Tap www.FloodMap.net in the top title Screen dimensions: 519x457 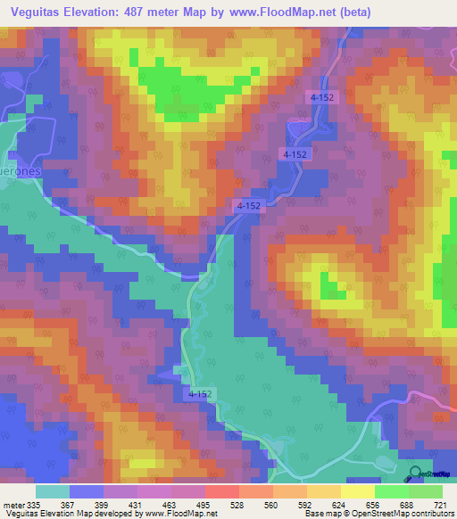pyautogui.click(x=278, y=12)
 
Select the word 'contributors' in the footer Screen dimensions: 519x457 pyautogui.click(x=429, y=515)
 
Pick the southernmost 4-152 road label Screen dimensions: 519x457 pyautogui.click(x=201, y=392)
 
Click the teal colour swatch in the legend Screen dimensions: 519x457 pyautogui.click(x=52, y=491)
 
